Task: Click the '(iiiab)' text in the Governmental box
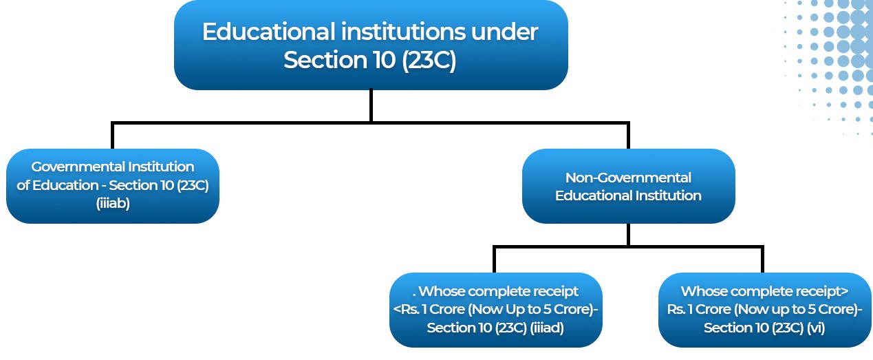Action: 113,204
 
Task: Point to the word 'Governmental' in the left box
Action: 78,167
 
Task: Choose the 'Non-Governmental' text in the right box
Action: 628,178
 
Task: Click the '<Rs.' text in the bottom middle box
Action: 407,310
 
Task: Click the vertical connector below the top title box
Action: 371,106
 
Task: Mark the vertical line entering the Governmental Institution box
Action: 113,136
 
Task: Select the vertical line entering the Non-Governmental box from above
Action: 628,136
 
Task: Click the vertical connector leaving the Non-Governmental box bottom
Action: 628,235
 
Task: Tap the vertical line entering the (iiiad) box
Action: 495,260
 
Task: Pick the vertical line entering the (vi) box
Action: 763,260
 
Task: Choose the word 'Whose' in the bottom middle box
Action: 440,291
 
